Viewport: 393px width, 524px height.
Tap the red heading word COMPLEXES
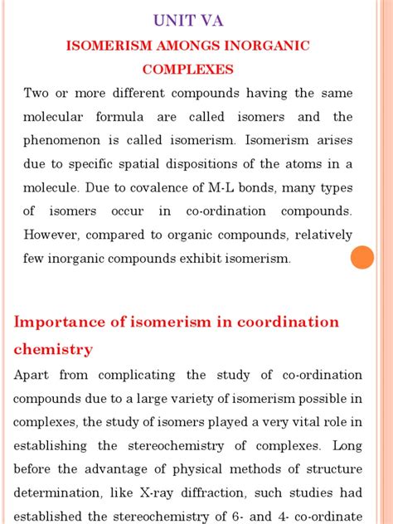(187, 70)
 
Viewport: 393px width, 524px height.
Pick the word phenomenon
(69, 140)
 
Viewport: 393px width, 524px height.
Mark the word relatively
(318, 235)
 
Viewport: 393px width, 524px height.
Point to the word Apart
(32, 375)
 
